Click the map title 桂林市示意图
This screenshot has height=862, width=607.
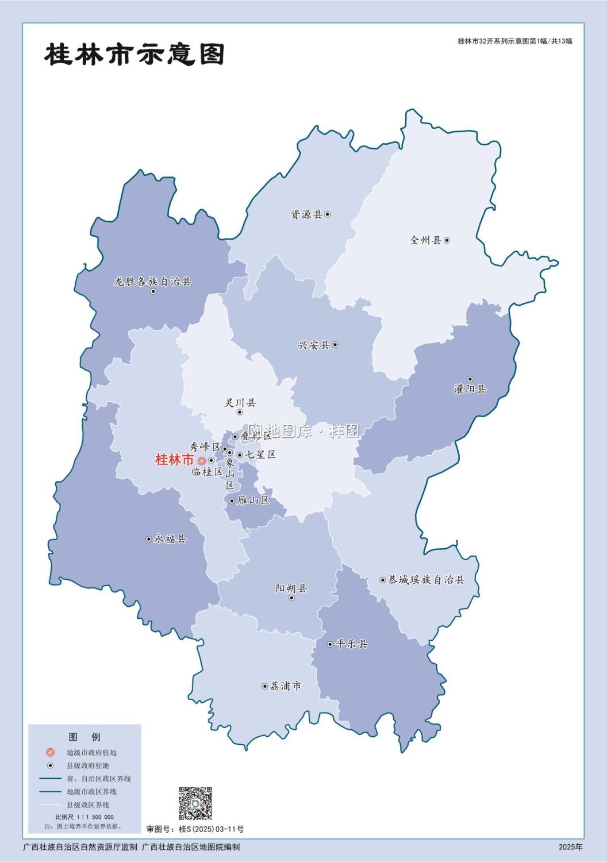(134, 55)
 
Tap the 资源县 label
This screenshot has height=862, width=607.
(306, 215)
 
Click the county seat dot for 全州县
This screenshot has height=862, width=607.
(447, 240)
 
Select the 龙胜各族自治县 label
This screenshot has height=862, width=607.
(152, 282)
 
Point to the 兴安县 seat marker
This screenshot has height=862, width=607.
(335, 345)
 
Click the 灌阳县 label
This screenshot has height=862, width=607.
(470, 389)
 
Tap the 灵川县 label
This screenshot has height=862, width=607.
(240, 403)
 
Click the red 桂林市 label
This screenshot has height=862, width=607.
(175, 460)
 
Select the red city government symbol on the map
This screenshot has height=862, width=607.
(202, 461)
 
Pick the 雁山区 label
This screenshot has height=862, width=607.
(253, 501)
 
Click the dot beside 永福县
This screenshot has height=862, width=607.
(149, 539)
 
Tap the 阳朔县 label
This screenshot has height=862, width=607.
(291, 588)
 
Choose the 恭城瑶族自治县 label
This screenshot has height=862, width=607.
(426, 580)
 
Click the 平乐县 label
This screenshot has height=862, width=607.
(351, 644)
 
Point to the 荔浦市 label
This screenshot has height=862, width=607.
(286, 686)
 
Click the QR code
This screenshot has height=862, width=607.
(195, 803)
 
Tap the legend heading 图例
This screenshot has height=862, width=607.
(84, 737)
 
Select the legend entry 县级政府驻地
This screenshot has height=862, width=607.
(87, 765)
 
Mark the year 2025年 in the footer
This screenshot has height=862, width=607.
(570, 847)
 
